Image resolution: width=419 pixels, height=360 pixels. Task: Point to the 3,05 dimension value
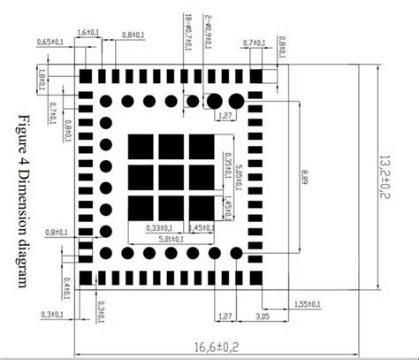click(263, 314)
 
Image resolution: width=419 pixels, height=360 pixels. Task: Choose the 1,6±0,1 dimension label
click(88, 33)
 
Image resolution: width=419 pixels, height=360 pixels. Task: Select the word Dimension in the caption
click(23, 199)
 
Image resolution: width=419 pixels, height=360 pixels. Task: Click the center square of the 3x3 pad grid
click(171, 177)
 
